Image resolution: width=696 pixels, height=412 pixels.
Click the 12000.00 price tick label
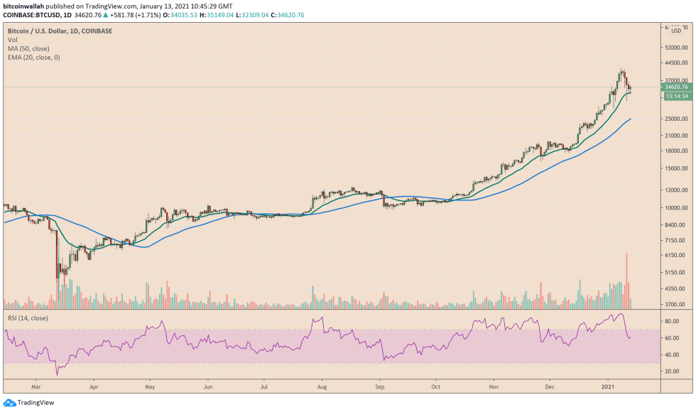point(675,190)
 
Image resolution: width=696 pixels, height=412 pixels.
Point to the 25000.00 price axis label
point(675,119)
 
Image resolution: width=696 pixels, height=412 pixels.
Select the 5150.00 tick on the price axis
point(675,273)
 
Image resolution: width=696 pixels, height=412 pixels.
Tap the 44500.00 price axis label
point(675,63)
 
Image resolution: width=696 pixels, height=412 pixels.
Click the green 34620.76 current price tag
point(675,87)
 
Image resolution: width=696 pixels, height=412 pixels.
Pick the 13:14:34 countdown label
point(675,96)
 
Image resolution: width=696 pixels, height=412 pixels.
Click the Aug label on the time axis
point(322,389)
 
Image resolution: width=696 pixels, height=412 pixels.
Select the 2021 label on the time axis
point(609,389)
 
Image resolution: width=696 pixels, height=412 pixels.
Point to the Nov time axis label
point(493,389)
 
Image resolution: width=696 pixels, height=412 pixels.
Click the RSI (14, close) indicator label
point(28,318)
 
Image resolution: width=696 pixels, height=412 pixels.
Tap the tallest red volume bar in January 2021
point(626,280)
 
